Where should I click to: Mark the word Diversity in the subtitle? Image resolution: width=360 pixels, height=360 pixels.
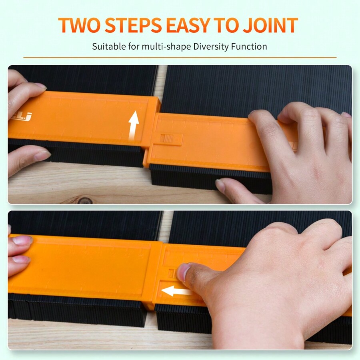pyautogui.click(x=211, y=46)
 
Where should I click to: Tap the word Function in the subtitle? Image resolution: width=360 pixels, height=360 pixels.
pyautogui.click(x=249, y=46)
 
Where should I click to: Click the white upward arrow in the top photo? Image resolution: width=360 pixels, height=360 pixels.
pyautogui.click(x=134, y=124)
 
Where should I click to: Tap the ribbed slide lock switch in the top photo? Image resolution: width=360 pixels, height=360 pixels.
pyautogui.click(x=170, y=139)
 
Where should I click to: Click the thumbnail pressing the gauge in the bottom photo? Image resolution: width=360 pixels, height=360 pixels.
pyautogui.click(x=184, y=272)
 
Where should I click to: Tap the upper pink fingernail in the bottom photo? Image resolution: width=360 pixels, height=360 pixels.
pyautogui.click(x=22, y=240)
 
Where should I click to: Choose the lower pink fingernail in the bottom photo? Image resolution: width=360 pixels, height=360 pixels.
pyautogui.click(x=21, y=259)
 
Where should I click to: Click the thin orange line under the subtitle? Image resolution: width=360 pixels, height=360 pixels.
pyautogui.click(x=180, y=58)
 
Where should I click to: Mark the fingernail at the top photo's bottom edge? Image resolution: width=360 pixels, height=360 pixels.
pyautogui.click(x=220, y=185)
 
